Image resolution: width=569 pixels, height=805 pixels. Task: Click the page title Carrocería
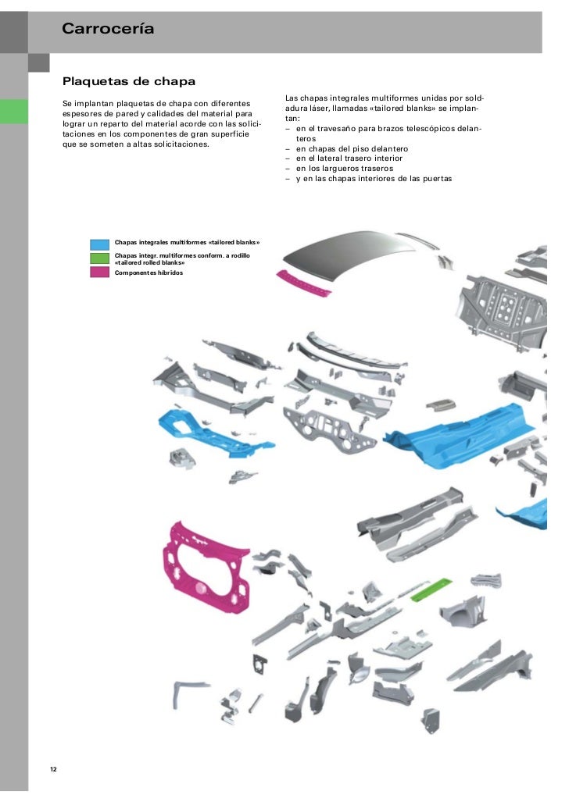108,30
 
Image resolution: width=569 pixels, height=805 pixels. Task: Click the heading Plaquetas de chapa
128,81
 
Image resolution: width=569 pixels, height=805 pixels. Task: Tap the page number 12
53,770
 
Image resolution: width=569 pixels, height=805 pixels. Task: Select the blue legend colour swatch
99,243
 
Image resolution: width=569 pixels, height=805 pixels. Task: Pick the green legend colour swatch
99,258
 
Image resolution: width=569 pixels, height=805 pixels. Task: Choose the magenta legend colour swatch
99,272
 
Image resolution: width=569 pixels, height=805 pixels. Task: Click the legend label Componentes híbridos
149,272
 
